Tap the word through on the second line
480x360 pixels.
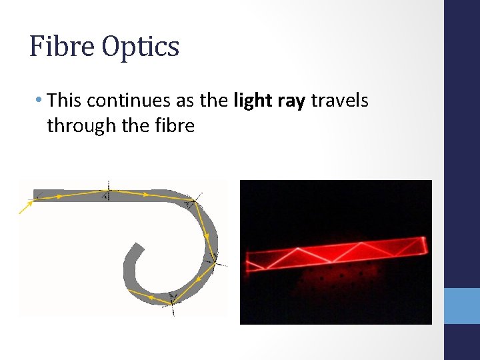77,125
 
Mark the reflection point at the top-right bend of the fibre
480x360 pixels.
194,200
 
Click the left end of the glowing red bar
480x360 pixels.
248,261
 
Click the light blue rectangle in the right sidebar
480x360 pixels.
462,306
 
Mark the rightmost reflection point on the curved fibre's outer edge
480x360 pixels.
215,261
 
